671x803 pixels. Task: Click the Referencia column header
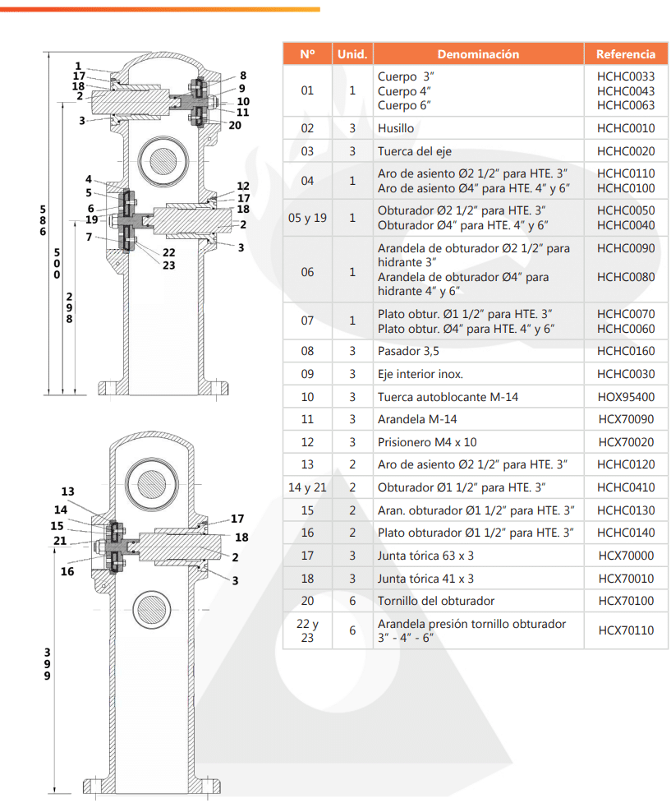(625, 54)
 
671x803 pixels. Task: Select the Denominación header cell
(478, 54)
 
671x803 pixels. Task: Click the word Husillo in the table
(396, 129)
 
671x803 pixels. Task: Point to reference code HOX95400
(626, 397)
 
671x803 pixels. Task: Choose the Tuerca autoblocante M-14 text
(448, 397)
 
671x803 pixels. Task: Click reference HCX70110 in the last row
(626, 630)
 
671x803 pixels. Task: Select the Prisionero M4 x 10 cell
(426, 442)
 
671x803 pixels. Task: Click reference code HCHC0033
(626, 76)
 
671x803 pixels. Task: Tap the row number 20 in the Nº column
(307, 601)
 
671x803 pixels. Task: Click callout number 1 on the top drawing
(78, 66)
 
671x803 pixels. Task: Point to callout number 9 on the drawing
(242, 88)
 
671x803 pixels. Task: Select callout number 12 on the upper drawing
(243, 187)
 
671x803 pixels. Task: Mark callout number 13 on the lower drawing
(67, 491)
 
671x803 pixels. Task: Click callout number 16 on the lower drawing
(67, 571)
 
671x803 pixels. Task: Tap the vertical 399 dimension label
(47, 664)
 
